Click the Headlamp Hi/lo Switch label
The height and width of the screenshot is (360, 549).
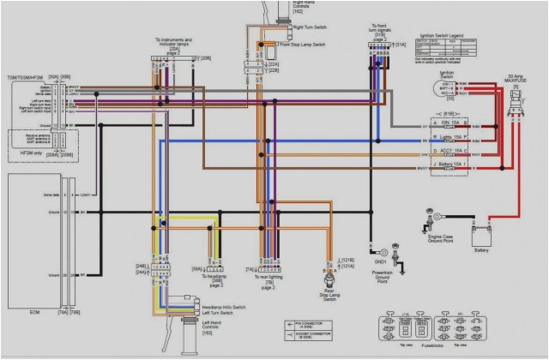pos(226,306)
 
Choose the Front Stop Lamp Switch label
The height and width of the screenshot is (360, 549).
pos(299,43)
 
